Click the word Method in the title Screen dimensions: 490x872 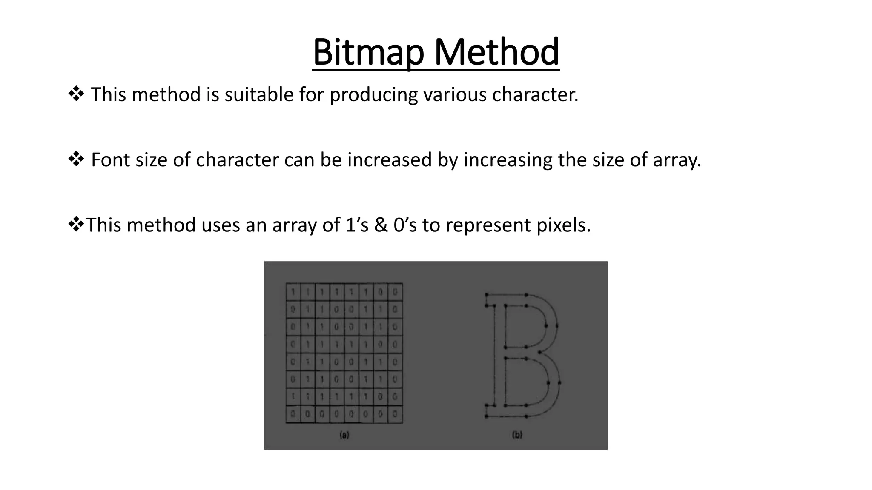(496, 52)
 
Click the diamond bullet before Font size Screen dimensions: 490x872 (76, 160)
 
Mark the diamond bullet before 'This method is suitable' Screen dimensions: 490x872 (76, 94)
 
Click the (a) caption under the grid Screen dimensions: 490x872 (344, 435)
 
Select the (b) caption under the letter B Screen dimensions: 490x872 (517, 435)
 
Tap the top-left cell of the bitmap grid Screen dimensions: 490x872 (293, 292)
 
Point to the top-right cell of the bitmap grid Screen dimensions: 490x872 (395, 292)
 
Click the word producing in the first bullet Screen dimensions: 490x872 (373, 94)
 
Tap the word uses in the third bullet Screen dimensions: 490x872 (221, 225)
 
